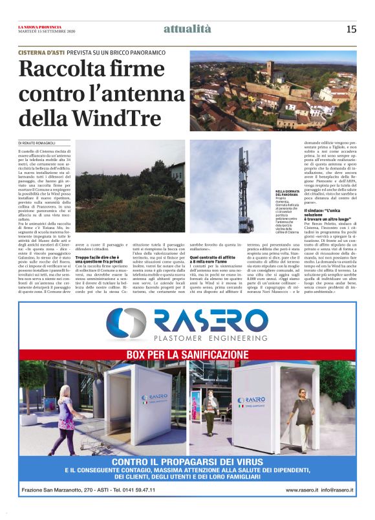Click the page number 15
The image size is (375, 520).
point(351,28)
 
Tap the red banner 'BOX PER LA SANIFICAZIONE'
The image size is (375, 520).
point(187,355)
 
